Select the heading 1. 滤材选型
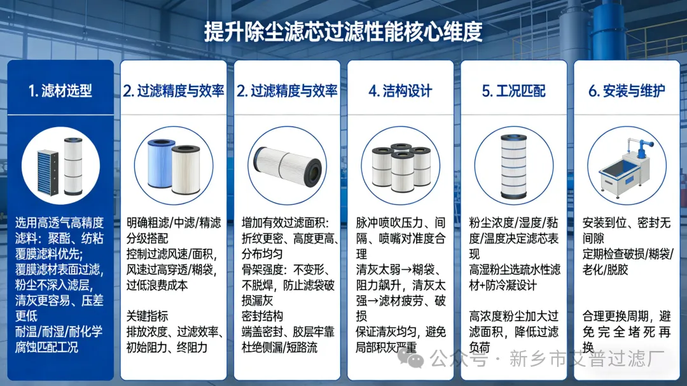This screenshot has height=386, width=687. [60, 90]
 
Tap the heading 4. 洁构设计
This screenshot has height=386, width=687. [400, 90]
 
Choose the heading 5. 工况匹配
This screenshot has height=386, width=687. [513, 90]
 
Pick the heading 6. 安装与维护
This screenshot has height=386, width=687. [627, 90]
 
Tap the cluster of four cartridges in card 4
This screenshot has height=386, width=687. [401, 167]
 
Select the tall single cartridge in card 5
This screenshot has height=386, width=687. [514, 167]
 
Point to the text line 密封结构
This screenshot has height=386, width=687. [262, 316]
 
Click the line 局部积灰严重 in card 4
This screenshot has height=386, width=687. [386, 347]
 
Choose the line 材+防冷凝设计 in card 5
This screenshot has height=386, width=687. [503, 286]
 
